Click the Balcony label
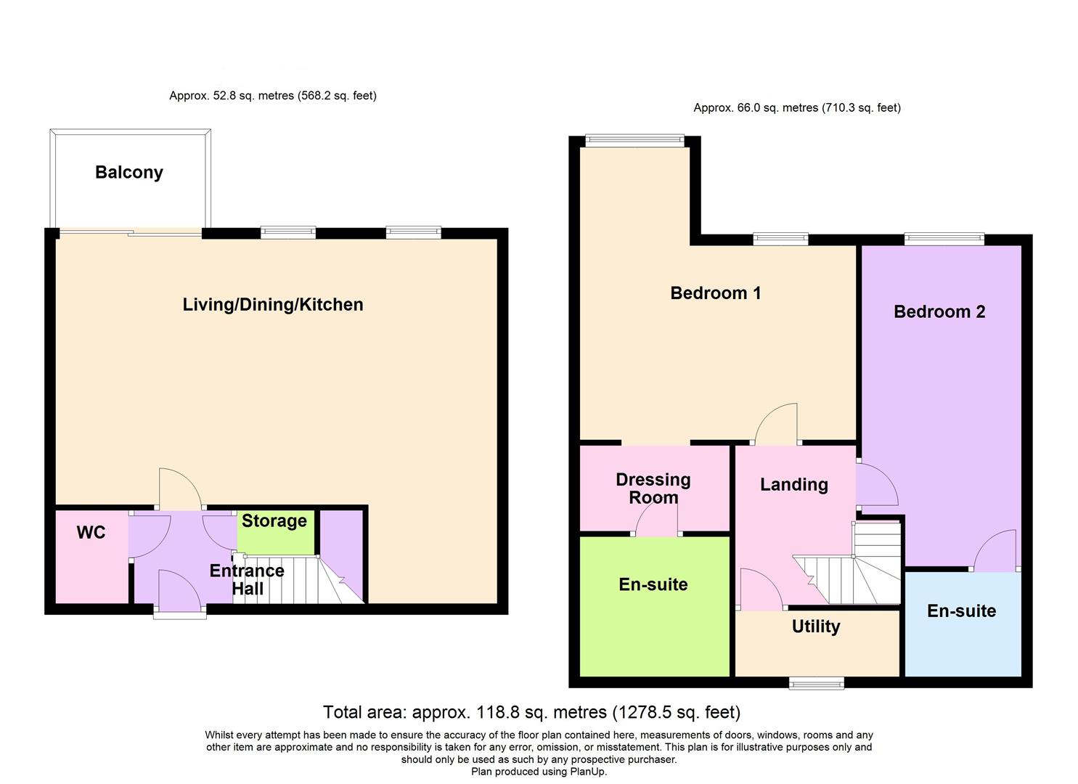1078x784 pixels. (x=129, y=173)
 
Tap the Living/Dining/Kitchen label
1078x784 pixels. (x=273, y=305)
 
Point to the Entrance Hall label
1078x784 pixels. (x=247, y=579)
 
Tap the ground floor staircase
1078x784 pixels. (x=298, y=581)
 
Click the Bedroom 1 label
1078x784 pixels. (x=715, y=293)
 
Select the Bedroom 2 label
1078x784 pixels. (x=939, y=312)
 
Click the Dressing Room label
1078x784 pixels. (x=653, y=489)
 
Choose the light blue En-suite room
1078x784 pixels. (x=962, y=624)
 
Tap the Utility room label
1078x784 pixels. (x=816, y=627)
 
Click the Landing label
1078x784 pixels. (x=793, y=485)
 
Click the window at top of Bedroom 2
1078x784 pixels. (x=944, y=239)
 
